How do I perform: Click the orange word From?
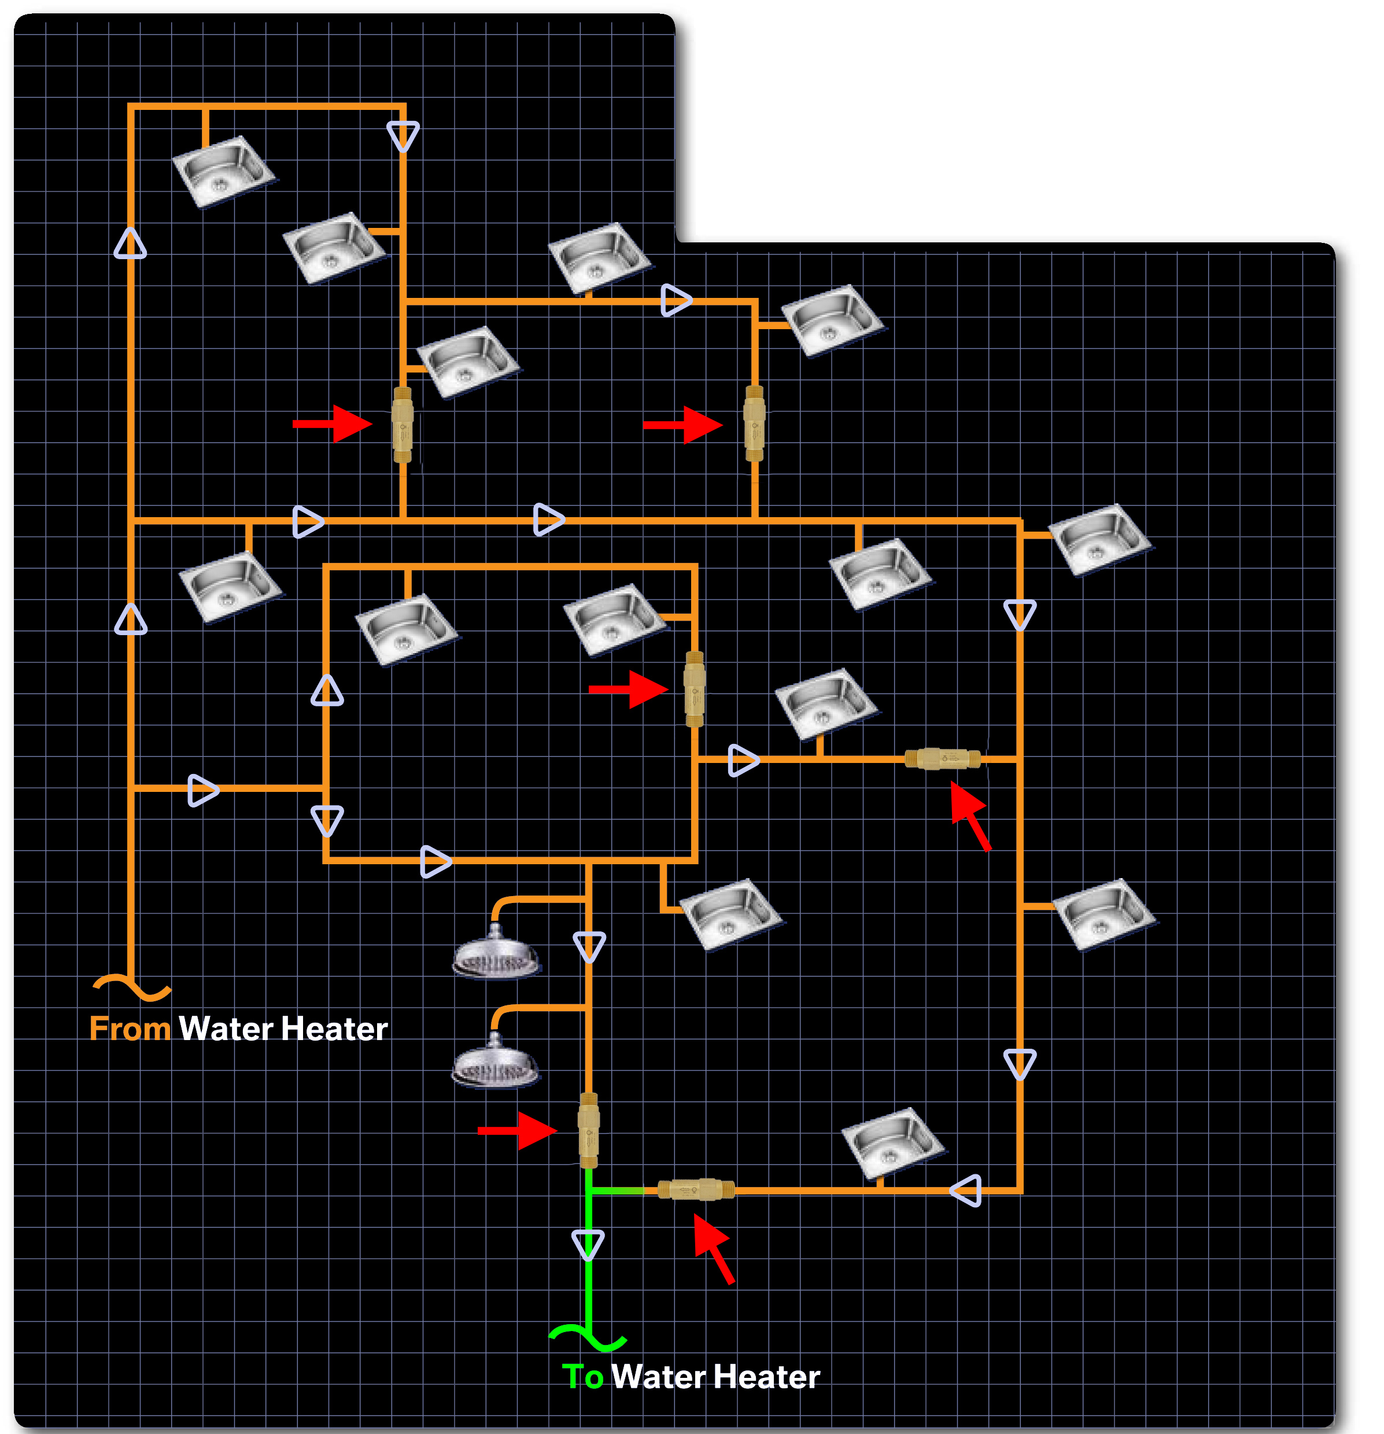click(x=130, y=1028)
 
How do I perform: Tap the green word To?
click(x=582, y=1376)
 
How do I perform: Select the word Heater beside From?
click(x=334, y=1028)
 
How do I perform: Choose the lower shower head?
click(x=495, y=1062)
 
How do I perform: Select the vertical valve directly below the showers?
click(x=589, y=1130)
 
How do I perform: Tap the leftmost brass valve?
click(x=403, y=425)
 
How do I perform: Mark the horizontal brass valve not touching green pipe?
click(x=942, y=759)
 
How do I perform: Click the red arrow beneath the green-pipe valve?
click(x=713, y=1247)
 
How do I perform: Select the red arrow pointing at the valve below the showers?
click(x=516, y=1130)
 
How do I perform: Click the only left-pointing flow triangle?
click(x=966, y=1190)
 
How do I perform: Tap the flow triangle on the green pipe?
click(x=588, y=1244)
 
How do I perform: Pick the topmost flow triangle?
click(x=403, y=136)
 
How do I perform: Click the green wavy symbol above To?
click(x=588, y=1336)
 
